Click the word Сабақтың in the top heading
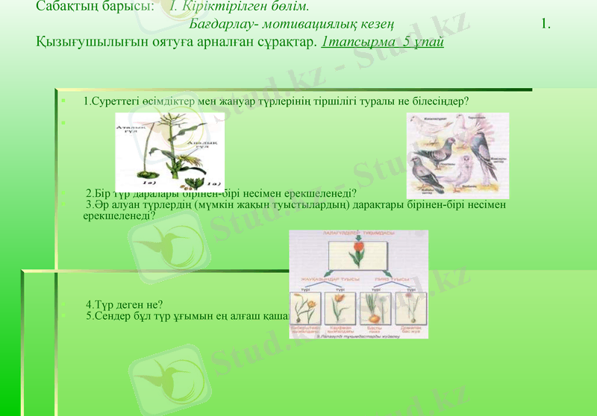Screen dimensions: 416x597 tap(66, 7)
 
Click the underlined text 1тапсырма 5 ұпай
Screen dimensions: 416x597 tap(382, 40)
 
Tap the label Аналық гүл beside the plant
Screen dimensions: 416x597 tap(200, 144)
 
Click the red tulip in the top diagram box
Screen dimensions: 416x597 tap(359, 248)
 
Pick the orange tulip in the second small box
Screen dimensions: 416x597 tap(338, 308)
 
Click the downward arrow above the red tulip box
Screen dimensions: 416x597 tap(358, 237)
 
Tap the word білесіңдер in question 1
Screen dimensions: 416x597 tap(441, 101)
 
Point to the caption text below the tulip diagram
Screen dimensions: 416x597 tap(358, 335)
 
